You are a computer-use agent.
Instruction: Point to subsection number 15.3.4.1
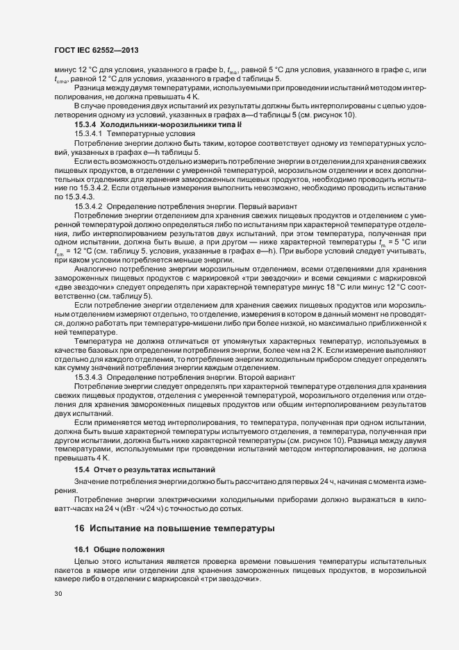click(x=88, y=132)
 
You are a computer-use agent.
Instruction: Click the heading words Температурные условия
click(x=147, y=132)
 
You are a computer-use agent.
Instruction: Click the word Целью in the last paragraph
click(x=87, y=560)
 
